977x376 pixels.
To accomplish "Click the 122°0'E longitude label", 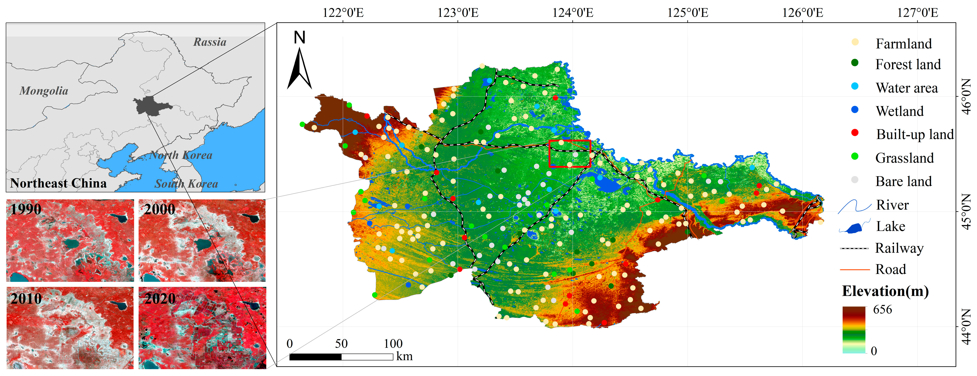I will (343, 13).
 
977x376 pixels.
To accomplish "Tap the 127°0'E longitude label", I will (918, 13).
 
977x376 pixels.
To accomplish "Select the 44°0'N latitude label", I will (967, 327).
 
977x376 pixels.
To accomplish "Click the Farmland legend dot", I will (855, 42).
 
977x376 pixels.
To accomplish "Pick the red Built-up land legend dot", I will (855, 133).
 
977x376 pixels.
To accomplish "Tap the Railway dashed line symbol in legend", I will (854, 248).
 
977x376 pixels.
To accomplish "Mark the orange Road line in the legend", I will (854, 270).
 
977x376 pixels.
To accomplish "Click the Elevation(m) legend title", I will (885, 291).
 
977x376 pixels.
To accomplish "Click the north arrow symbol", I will (300, 66).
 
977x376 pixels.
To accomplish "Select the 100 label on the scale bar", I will (393, 344).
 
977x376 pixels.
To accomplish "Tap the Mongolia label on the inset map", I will (44, 91).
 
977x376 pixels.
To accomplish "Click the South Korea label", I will (186, 184).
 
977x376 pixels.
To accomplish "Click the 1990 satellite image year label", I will (26, 209).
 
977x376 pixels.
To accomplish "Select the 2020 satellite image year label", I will (160, 299).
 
